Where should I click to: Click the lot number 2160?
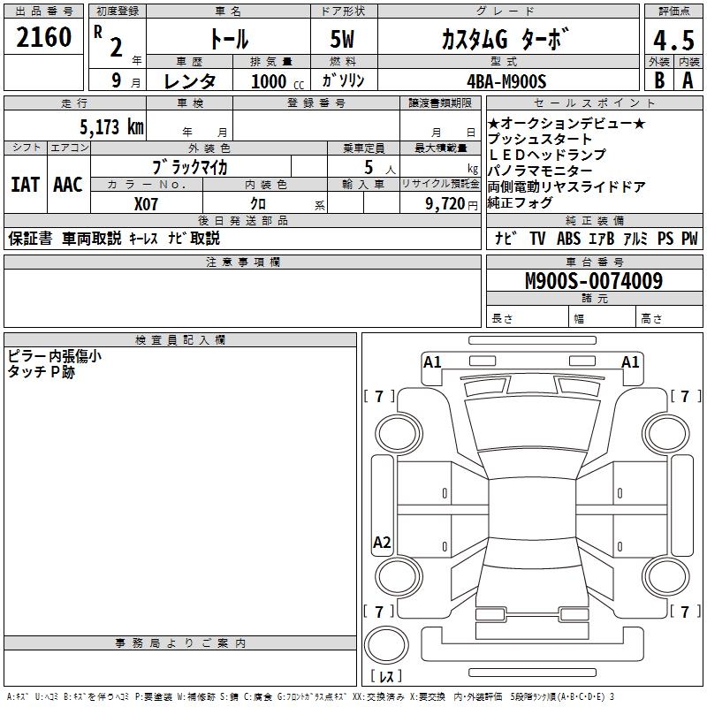pyautogui.click(x=44, y=38)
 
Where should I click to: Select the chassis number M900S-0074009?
pyautogui.click(x=593, y=281)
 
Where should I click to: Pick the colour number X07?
pyautogui.click(x=147, y=202)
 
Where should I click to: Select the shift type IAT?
pyautogui.click(x=26, y=185)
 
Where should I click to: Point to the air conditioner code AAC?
pyautogui.click(x=67, y=185)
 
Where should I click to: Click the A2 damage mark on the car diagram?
pyautogui.click(x=382, y=543)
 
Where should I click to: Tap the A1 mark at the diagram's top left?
pyautogui.click(x=432, y=361)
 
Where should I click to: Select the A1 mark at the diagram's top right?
pyautogui.click(x=630, y=361)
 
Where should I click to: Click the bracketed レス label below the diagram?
pyautogui.click(x=385, y=676)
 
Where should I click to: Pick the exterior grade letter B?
pyautogui.click(x=658, y=80)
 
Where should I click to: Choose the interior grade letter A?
pyautogui.click(x=688, y=80)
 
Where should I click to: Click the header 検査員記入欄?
pyautogui.click(x=180, y=339)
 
